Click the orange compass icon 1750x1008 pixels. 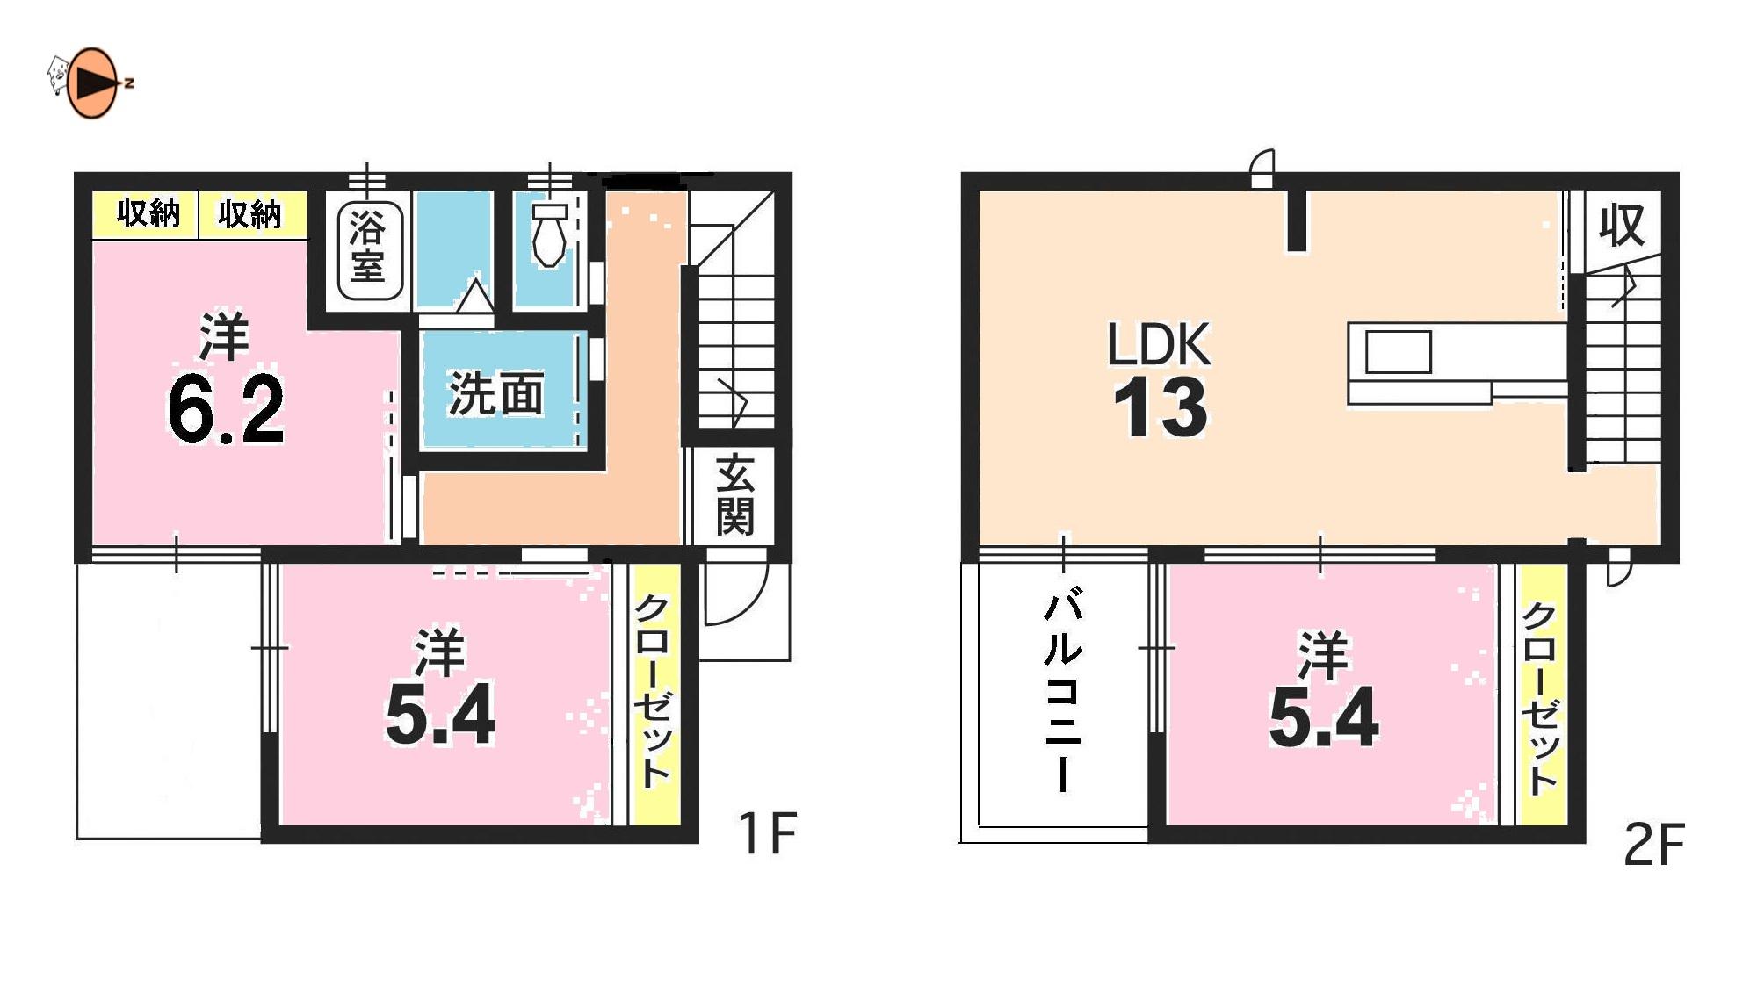coord(90,83)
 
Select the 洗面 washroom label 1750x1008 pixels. coord(496,392)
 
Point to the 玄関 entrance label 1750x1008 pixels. coord(734,496)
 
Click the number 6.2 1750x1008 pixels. coord(226,410)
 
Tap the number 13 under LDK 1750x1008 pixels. coord(1161,407)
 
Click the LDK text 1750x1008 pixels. coord(1159,344)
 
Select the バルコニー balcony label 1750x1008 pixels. coord(1063,692)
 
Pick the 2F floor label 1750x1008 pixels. coord(1653,845)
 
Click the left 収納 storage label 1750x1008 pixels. coord(148,212)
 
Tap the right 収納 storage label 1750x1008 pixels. coord(250,213)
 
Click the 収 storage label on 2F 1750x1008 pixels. coord(1621,226)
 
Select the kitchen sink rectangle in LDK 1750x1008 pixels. coord(1399,352)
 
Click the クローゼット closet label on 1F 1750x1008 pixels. coord(654,691)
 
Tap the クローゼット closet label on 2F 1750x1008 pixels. coord(1541,698)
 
